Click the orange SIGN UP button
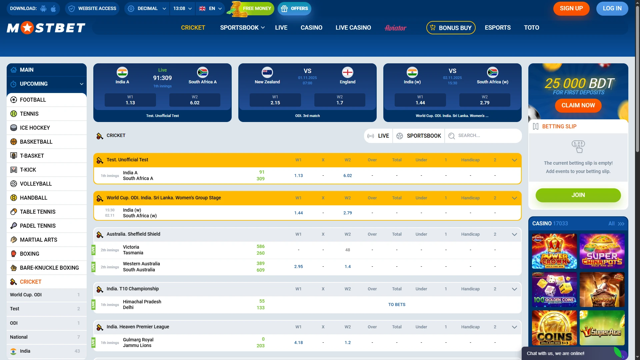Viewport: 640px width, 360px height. click(571, 9)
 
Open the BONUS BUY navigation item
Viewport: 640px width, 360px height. click(451, 28)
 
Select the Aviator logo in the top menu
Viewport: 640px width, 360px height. click(395, 28)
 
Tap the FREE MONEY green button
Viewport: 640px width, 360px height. click(256, 9)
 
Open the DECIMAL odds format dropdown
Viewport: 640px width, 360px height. click(147, 9)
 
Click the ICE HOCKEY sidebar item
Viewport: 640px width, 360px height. click(35, 128)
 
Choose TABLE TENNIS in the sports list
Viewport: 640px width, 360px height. click(38, 212)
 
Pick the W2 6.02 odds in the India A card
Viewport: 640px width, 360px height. click(195, 100)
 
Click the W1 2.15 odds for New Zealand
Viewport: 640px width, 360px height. click(275, 100)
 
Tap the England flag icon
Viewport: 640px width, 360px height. click(347, 72)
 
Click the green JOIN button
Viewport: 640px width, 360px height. click(578, 195)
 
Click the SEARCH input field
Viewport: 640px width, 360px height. click(487, 136)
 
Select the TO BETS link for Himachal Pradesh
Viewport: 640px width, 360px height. click(397, 305)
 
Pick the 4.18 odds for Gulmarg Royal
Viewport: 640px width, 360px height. click(298, 343)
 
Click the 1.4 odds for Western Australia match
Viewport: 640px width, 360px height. click(347, 267)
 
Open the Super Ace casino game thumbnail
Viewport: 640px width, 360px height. click(602, 328)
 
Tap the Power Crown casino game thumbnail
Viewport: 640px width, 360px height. click(554, 251)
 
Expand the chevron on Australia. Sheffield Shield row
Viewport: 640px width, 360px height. click(514, 234)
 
